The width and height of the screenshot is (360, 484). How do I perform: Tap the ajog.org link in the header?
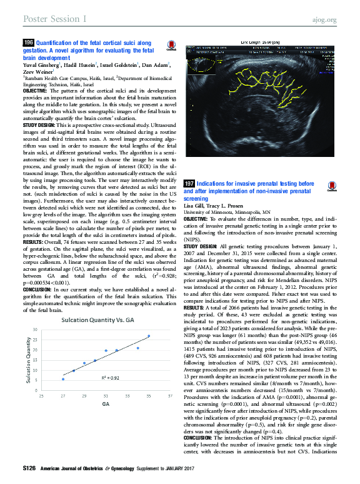click(324, 19)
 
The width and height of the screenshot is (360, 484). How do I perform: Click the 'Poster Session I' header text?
click(54, 19)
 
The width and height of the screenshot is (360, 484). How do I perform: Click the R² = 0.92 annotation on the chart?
click(111, 378)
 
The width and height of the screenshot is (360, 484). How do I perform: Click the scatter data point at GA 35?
click(149, 336)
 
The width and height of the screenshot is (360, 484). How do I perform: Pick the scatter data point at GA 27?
click(63, 379)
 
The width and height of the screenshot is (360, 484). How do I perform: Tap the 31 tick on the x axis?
click(106, 396)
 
